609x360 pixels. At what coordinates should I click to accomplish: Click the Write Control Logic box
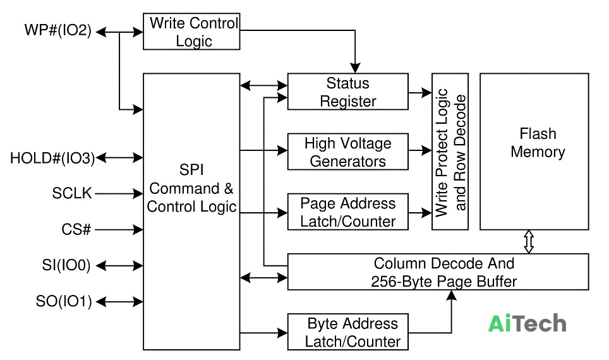click(x=191, y=32)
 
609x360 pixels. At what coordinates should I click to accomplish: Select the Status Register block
click(x=347, y=92)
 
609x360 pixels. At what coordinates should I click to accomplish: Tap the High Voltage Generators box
click(x=347, y=152)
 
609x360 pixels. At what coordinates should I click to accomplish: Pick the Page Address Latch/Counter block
click(x=347, y=212)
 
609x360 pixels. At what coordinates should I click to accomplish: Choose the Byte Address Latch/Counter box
click(x=347, y=332)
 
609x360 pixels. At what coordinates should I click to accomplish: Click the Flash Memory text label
click(x=538, y=143)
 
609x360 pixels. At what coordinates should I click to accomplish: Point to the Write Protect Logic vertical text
click(x=442, y=152)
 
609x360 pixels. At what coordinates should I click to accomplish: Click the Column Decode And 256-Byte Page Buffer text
click(x=443, y=272)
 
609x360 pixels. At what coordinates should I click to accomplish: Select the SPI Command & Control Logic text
click(x=191, y=188)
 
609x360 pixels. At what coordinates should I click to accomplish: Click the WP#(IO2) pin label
click(x=58, y=30)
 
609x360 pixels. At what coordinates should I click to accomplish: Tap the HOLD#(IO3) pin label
click(x=52, y=158)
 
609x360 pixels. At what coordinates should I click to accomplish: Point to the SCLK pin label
click(x=72, y=193)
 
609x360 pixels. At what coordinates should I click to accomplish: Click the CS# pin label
click(x=76, y=229)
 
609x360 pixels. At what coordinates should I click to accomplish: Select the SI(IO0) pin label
click(x=66, y=265)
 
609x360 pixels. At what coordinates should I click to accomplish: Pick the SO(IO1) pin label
click(x=64, y=301)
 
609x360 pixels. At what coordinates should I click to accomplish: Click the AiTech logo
click(x=527, y=323)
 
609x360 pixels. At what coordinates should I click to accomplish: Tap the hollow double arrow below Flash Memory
click(x=529, y=241)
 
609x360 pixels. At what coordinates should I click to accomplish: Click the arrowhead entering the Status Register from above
click(x=355, y=68)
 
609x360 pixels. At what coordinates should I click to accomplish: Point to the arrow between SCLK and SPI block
click(x=119, y=193)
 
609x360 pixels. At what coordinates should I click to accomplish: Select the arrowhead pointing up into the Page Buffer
click(x=451, y=295)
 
